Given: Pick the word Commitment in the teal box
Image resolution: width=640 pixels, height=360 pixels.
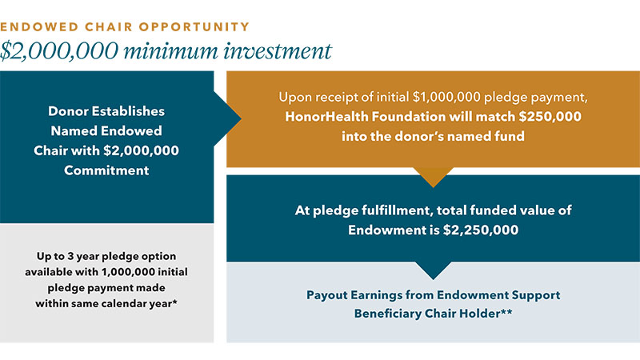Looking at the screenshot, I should point(105,169).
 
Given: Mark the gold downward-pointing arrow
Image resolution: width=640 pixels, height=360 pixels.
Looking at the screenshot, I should point(432,177).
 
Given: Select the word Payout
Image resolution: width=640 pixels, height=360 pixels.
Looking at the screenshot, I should point(331,294).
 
